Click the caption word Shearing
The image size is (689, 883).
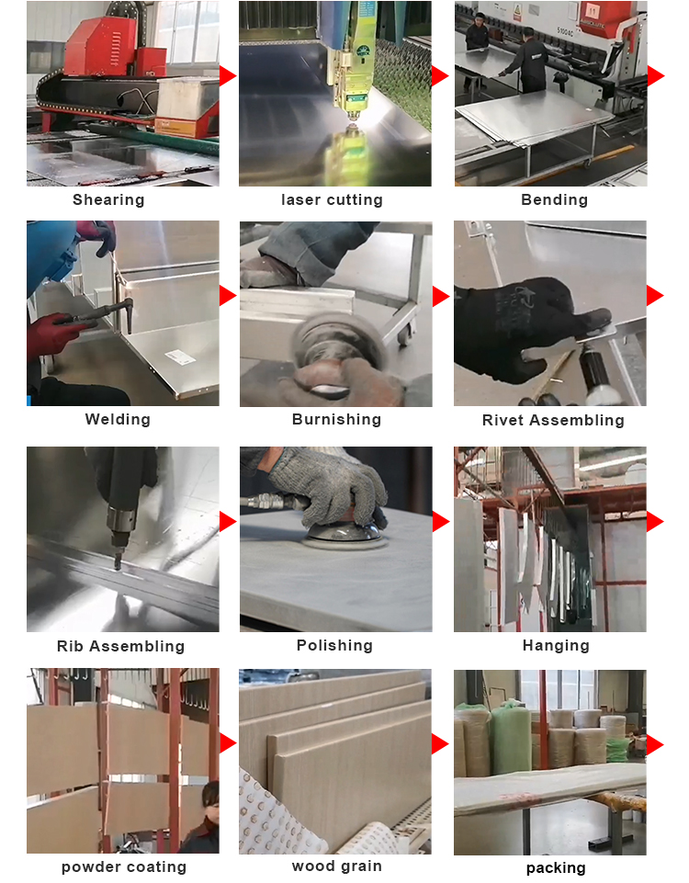(108, 200)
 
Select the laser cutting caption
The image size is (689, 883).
(332, 200)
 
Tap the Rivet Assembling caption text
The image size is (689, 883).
(553, 421)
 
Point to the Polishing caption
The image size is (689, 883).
(334, 646)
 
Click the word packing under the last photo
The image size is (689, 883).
(555, 867)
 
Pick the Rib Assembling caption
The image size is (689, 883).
(120, 647)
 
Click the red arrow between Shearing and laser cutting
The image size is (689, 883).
(227, 75)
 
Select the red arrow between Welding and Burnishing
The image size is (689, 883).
(227, 295)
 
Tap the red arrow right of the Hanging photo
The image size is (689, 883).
(654, 521)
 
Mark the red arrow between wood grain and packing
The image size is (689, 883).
(440, 743)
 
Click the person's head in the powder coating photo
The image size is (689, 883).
(211, 797)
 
